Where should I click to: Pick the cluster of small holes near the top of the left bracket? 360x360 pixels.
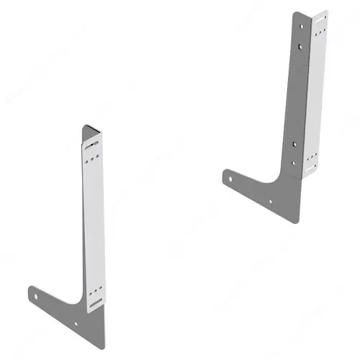click(91, 161)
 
